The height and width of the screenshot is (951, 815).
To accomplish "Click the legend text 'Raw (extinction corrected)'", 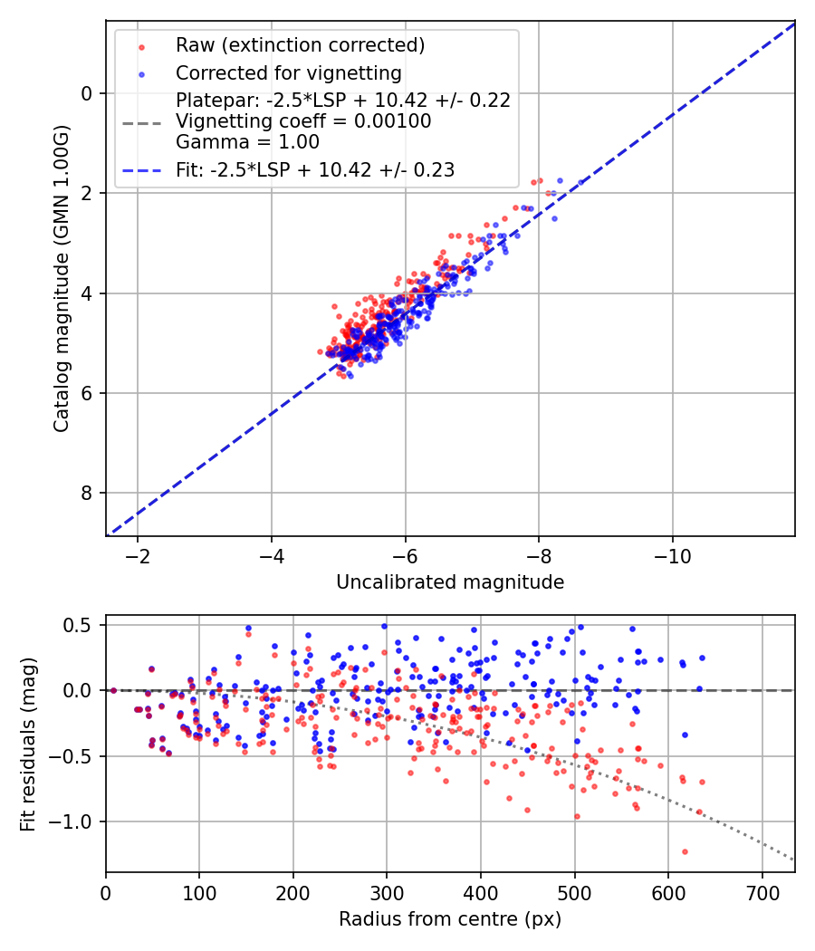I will pos(300,45).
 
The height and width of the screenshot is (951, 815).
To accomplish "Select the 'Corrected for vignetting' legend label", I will pos(289,72).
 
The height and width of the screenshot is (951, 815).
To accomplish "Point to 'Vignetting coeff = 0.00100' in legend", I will pos(303,121).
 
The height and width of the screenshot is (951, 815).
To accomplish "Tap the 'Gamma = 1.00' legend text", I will pos(247,142).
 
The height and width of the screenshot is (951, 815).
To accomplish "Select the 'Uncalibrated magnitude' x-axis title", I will pos(450,582).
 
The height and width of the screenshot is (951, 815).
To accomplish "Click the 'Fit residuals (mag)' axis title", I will pos(28,744).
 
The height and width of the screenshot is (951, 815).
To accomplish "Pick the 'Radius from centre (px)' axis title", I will pos(450,919).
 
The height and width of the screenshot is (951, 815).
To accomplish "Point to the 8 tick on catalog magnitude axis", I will pos(87,493).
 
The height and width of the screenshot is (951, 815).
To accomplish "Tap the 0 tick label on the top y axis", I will pos(87,93).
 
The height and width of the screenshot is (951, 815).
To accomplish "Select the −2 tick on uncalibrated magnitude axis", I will pos(138,555).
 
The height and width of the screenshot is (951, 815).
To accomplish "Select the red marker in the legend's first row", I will pos(141,45).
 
